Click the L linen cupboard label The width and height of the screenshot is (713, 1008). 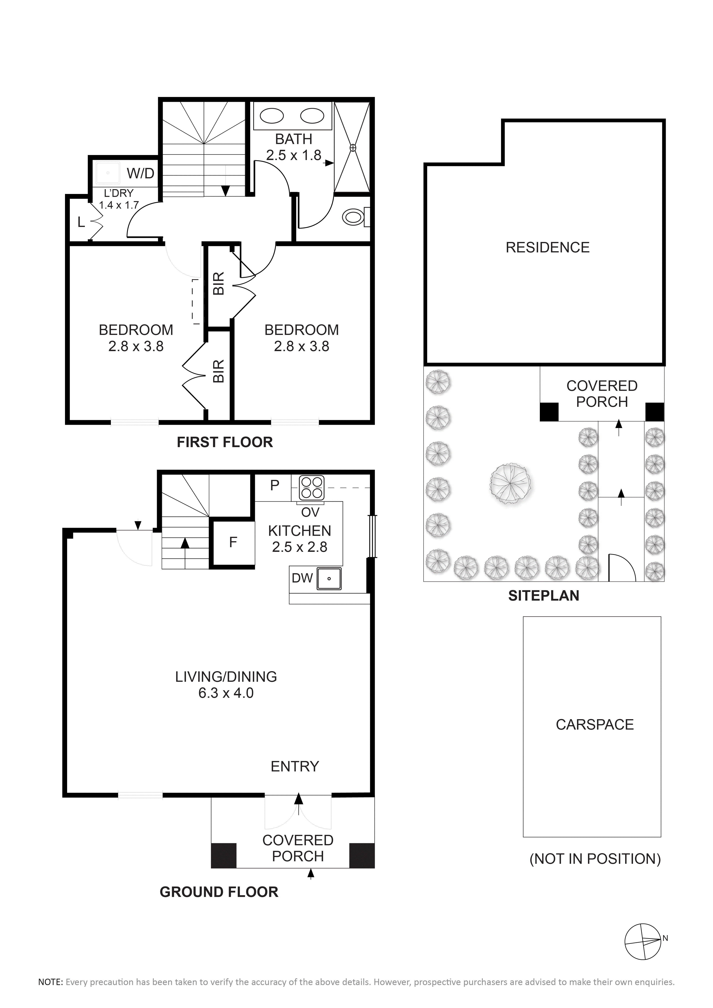(81, 223)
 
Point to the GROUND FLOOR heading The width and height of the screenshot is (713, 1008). (219, 892)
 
